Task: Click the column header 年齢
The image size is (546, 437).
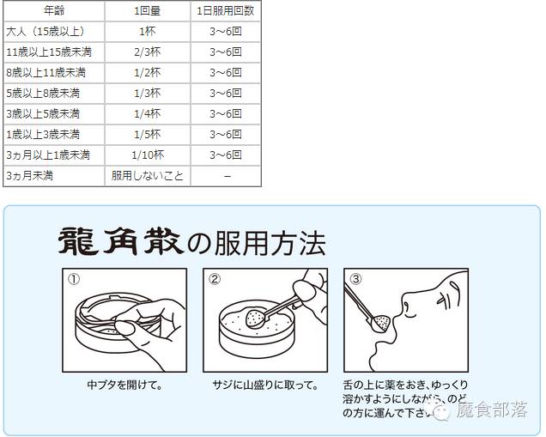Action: point(53,10)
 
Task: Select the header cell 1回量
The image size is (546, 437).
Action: point(148,10)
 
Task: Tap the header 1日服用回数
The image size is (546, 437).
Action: point(226,10)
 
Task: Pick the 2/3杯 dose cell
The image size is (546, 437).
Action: point(148,52)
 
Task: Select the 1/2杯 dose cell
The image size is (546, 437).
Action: point(148,72)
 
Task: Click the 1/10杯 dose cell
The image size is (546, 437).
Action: point(148,155)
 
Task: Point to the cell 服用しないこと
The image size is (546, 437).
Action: point(148,175)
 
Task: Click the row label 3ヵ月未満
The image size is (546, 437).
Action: point(31,175)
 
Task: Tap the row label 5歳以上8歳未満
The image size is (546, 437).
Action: point(43,93)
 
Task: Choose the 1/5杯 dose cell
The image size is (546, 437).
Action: point(148,134)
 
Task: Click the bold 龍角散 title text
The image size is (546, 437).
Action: point(119,241)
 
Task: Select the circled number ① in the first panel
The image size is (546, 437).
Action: point(74,279)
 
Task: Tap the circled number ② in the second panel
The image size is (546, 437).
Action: point(215,279)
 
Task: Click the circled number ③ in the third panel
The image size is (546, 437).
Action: point(355,279)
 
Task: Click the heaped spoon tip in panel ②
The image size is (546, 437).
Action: point(254,319)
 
